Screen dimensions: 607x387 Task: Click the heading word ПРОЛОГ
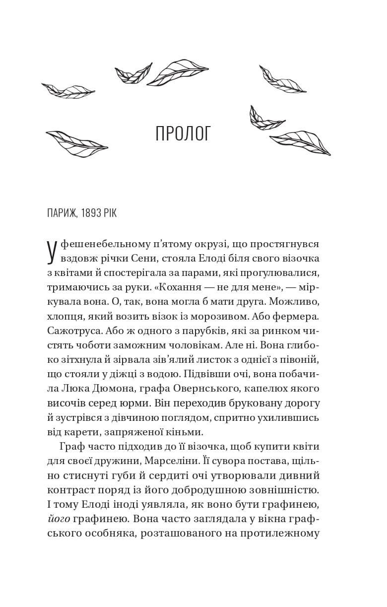184,134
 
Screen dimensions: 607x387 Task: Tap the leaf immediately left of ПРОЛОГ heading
77,143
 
